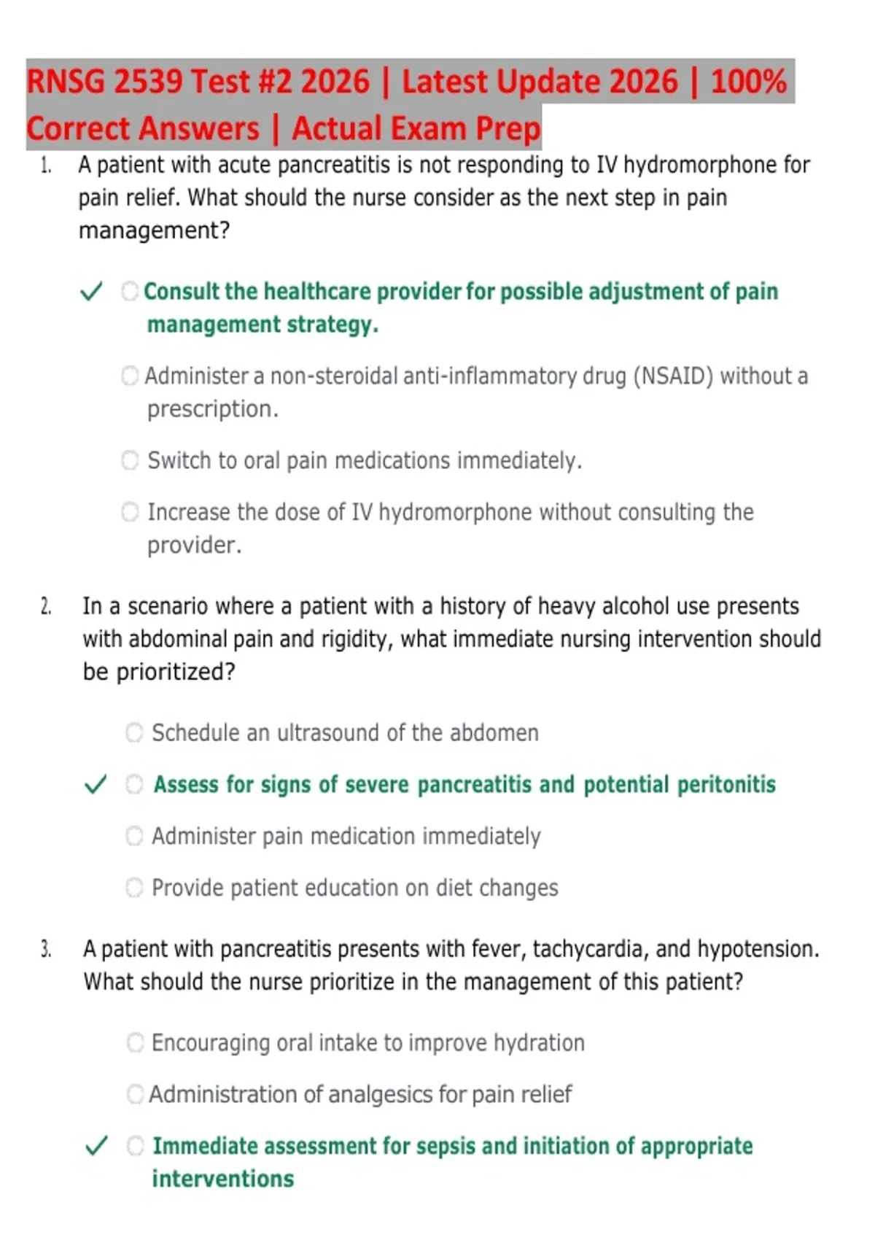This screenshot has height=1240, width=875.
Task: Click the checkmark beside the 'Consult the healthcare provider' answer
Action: pyautogui.click(x=91, y=292)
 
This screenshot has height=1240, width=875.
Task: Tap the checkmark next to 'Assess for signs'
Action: pyautogui.click(x=96, y=785)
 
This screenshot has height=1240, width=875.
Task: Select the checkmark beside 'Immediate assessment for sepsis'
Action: pyautogui.click(x=97, y=1146)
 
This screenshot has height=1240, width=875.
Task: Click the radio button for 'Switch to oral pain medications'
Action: pyautogui.click(x=130, y=460)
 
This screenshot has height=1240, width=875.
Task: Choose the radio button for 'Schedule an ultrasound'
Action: pyautogui.click(x=134, y=732)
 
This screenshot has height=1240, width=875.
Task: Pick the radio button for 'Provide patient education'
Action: pyautogui.click(x=134, y=888)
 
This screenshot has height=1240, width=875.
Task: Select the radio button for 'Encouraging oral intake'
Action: pyautogui.click(x=135, y=1042)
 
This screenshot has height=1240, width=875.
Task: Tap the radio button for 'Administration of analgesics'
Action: pyautogui.click(x=135, y=1094)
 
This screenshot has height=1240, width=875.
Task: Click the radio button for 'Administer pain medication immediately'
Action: pyautogui.click(x=134, y=836)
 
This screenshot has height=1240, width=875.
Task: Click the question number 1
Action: pyautogui.click(x=46, y=166)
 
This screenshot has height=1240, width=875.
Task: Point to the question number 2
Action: pyautogui.click(x=46, y=607)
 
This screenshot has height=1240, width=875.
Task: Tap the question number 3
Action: pyautogui.click(x=46, y=950)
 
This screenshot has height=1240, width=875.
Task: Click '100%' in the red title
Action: pyautogui.click(x=748, y=82)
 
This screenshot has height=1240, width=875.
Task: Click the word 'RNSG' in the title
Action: pyautogui.click(x=66, y=82)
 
